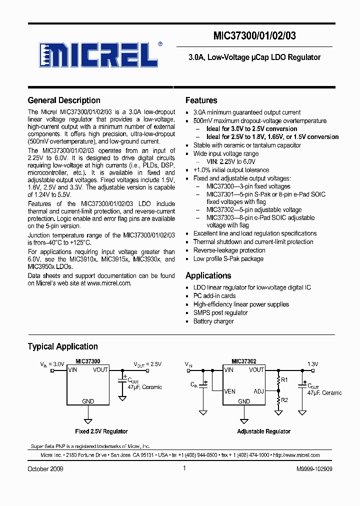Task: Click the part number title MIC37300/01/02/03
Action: pyautogui.click(x=258, y=36)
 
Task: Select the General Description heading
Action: pyautogui.click(x=64, y=100)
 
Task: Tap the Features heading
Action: pyautogui.click(x=201, y=100)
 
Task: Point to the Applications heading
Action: pyautogui.click(x=208, y=275)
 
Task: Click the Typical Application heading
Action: pyautogui.click(x=62, y=346)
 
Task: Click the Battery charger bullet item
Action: pyautogui.click(x=213, y=321)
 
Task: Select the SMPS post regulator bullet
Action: pyautogui.click(x=220, y=312)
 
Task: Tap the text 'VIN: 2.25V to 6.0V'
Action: pyautogui.click(x=231, y=162)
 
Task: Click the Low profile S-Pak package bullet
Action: pyautogui.click(x=228, y=258)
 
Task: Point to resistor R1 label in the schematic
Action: pyautogui.click(x=284, y=380)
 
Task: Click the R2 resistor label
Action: pyautogui.click(x=284, y=400)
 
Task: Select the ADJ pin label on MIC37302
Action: pyautogui.click(x=258, y=391)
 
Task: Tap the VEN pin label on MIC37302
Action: pyautogui.click(x=230, y=391)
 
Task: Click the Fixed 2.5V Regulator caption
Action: pyautogui.click(x=101, y=431)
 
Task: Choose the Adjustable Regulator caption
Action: pyautogui.click(x=263, y=431)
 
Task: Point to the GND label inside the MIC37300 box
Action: pyautogui.click(x=88, y=401)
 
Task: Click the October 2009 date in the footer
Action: pyautogui.click(x=45, y=469)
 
